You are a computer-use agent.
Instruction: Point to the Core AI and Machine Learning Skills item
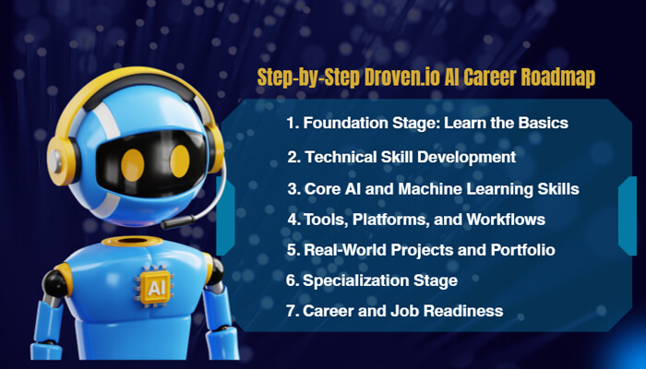[x=433, y=188]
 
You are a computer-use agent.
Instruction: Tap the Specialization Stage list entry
[x=372, y=280]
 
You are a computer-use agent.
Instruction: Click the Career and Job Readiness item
[x=395, y=311]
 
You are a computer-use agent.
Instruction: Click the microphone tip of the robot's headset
[x=167, y=224]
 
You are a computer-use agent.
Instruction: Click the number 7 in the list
[x=291, y=311]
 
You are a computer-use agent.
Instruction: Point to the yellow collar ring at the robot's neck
[x=135, y=242]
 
